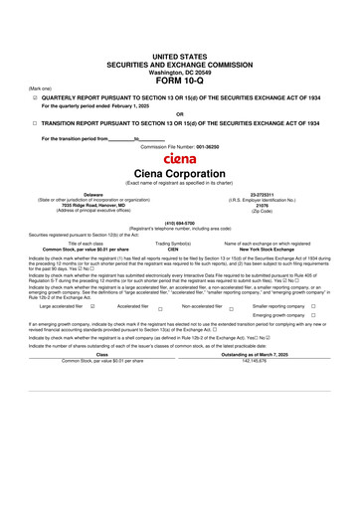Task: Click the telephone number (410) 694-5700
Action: tap(179, 224)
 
